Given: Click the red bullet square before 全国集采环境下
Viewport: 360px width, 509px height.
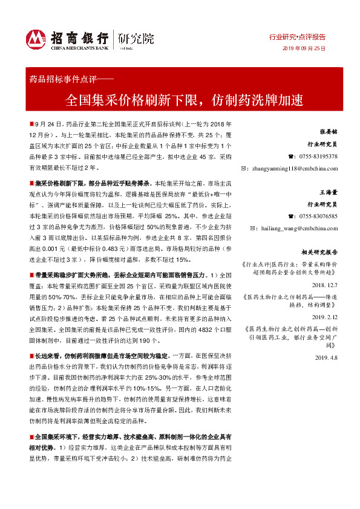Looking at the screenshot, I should pyautogui.click(x=31, y=436).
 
